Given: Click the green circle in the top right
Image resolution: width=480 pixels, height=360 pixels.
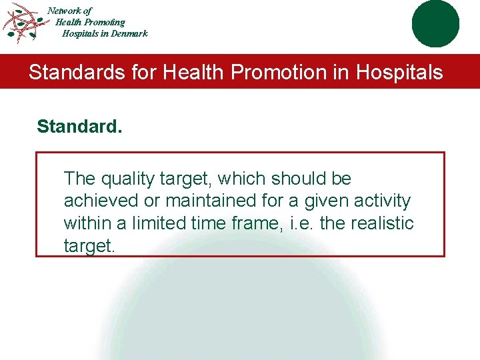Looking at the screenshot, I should point(435,23).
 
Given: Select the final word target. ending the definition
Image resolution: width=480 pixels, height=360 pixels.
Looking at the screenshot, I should point(89,245).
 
